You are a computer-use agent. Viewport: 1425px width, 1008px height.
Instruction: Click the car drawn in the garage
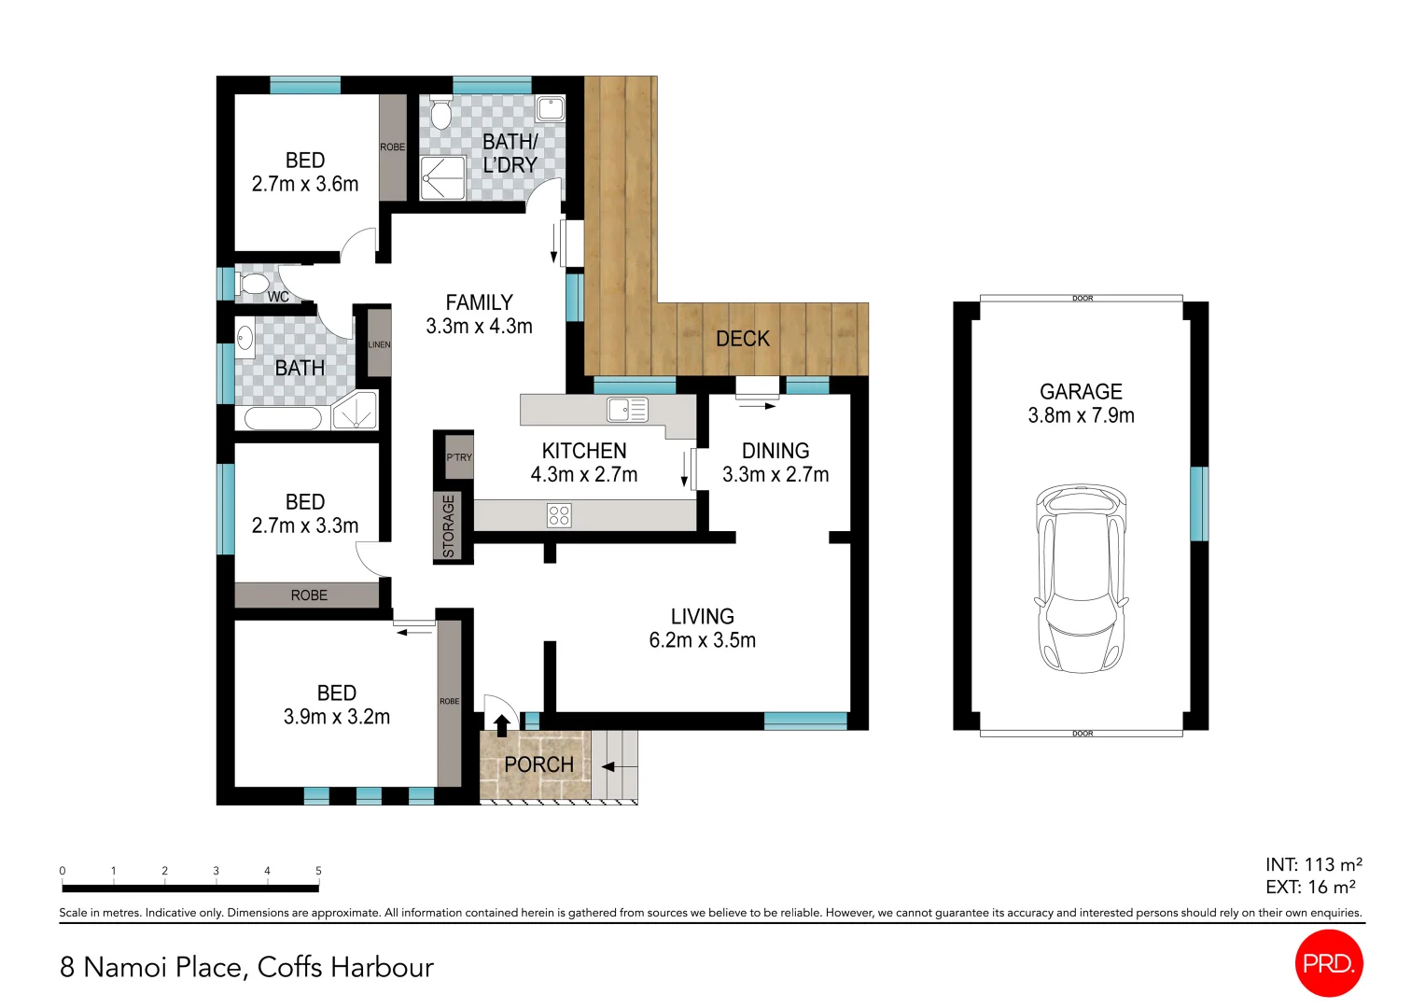click(1081, 579)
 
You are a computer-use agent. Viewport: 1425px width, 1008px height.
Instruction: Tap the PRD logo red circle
click(1329, 963)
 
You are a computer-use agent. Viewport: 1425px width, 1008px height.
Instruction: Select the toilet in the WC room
click(253, 284)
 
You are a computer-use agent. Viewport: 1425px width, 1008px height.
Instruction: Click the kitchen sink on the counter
click(627, 409)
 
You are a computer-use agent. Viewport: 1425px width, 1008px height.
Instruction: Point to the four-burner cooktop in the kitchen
click(559, 515)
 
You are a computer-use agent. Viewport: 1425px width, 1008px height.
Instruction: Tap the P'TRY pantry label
click(459, 457)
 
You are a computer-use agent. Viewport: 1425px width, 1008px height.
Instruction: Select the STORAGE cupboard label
click(449, 526)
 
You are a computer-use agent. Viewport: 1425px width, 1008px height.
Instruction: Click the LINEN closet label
click(379, 344)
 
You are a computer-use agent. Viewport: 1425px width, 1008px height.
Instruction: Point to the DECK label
click(743, 339)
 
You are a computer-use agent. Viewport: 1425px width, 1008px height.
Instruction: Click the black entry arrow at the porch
click(501, 724)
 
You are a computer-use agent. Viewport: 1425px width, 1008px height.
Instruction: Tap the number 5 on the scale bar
click(318, 871)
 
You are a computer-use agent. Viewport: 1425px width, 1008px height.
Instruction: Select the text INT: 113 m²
click(1313, 864)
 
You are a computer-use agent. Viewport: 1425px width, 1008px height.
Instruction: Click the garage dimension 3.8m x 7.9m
click(1081, 415)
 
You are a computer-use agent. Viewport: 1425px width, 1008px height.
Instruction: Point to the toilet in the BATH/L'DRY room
click(440, 114)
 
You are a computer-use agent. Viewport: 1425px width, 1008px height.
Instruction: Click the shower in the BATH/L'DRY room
click(442, 177)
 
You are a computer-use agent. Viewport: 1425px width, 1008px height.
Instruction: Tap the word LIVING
click(702, 616)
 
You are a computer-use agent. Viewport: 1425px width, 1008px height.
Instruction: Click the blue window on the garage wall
click(1198, 504)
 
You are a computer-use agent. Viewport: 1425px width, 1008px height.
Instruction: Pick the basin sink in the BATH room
click(244, 338)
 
